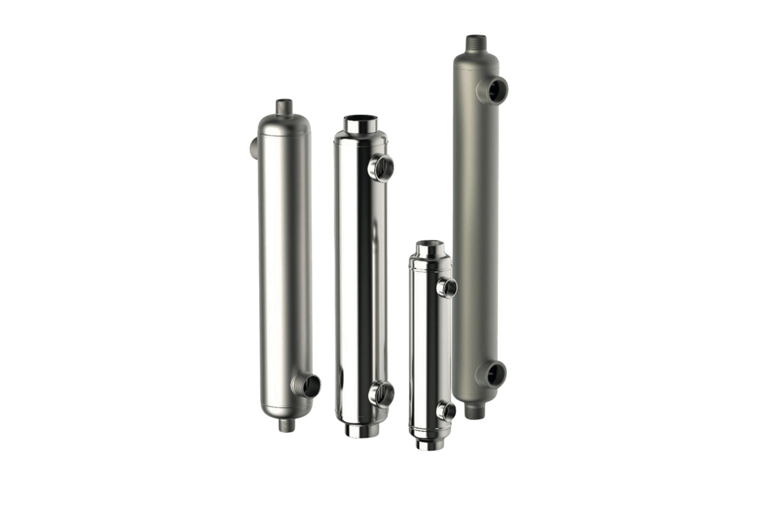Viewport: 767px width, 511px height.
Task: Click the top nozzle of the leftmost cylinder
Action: point(284,107)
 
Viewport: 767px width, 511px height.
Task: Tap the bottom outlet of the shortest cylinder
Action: point(428,443)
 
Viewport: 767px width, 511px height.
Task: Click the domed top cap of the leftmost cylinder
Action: point(284,126)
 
